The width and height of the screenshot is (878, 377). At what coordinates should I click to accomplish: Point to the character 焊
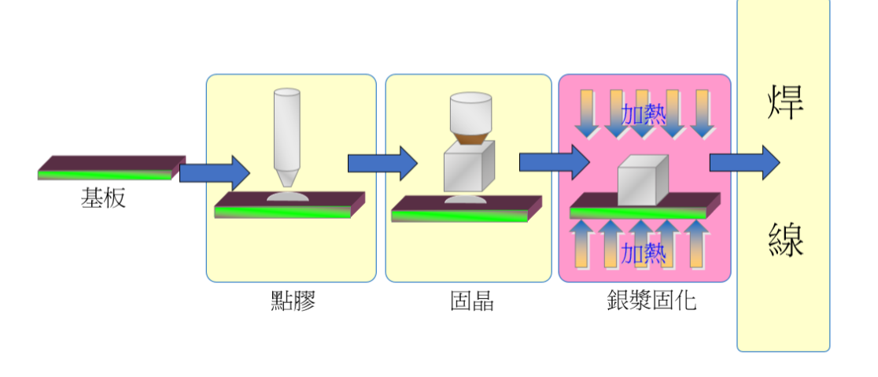coord(784,103)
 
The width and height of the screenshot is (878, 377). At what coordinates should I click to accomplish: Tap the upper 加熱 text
coord(644,115)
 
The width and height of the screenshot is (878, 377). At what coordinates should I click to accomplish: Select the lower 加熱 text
coord(643,253)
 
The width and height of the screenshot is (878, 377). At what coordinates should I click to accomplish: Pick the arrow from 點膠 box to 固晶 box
coord(382,163)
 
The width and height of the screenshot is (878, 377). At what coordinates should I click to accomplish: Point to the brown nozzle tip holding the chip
coord(470,139)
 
